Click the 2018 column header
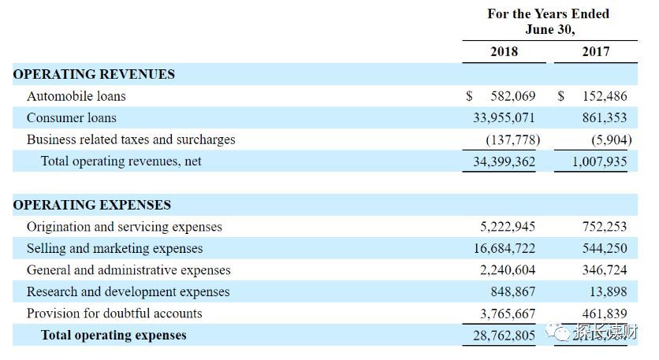pyautogui.click(x=504, y=51)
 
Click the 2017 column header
pyautogui.click(x=595, y=51)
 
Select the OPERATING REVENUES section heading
pyautogui.click(x=94, y=74)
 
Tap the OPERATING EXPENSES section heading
pyautogui.click(x=91, y=205)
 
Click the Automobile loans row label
pyautogui.click(x=76, y=96)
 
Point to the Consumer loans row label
pyautogui.click(x=72, y=118)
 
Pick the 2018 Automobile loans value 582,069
pyautogui.click(x=512, y=96)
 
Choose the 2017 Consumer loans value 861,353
pyautogui.click(x=605, y=118)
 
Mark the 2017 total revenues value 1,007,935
pyautogui.click(x=595, y=161)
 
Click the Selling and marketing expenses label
pyautogui.click(x=114, y=248)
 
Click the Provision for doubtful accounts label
pyautogui.click(x=114, y=314)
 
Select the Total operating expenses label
pyautogui.click(x=114, y=336)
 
